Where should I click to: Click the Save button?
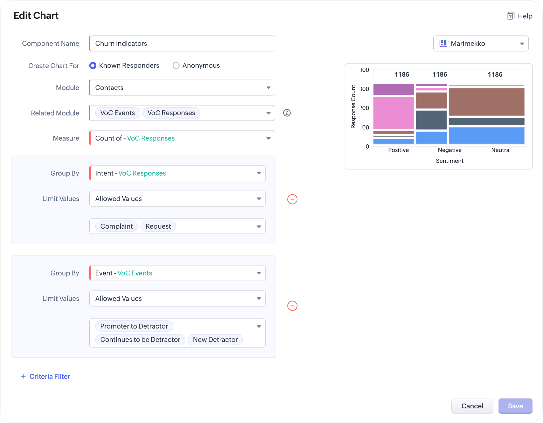(x=515, y=406)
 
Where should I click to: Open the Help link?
(x=520, y=16)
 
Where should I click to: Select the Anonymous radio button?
(x=176, y=66)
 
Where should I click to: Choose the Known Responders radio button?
(x=93, y=66)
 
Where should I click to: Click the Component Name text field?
(x=182, y=44)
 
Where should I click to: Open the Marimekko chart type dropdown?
(x=481, y=44)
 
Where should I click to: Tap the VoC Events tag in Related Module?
(x=118, y=113)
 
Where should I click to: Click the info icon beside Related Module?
(x=287, y=113)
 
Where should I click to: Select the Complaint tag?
(x=116, y=226)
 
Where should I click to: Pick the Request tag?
(x=158, y=226)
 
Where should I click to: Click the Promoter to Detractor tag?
(x=134, y=326)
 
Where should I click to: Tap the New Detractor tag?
(x=215, y=339)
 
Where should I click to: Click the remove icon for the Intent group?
(x=292, y=199)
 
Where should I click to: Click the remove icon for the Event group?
(x=292, y=306)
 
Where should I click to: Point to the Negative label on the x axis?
(x=450, y=150)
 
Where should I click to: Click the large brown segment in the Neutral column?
(x=486, y=102)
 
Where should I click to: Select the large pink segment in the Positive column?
(x=393, y=113)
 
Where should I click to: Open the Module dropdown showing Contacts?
(x=182, y=88)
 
